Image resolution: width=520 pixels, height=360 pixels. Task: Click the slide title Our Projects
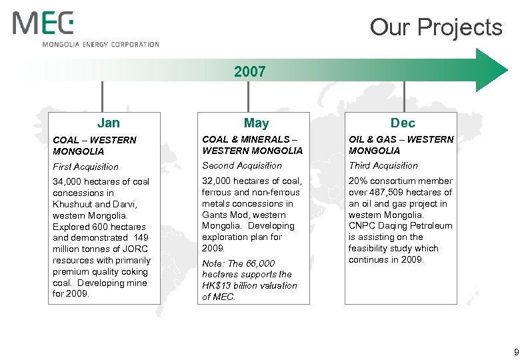click(x=436, y=27)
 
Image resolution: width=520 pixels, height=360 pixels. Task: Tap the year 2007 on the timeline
click(x=250, y=71)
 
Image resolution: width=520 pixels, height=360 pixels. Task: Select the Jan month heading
click(x=109, y=123)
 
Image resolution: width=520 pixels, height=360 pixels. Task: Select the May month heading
click(x=257, y=123)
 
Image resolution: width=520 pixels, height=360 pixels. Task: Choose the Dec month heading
click(x=403, y=123)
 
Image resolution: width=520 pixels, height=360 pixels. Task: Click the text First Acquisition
click(x=85, y=167)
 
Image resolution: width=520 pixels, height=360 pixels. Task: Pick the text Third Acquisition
click(x=384, y=165)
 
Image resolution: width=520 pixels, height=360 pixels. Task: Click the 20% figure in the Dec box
click(x=358, y=181)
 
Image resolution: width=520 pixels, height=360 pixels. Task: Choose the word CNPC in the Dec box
click(x=363, y=226)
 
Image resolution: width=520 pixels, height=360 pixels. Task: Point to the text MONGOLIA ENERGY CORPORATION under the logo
click(x=101, y=45)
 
